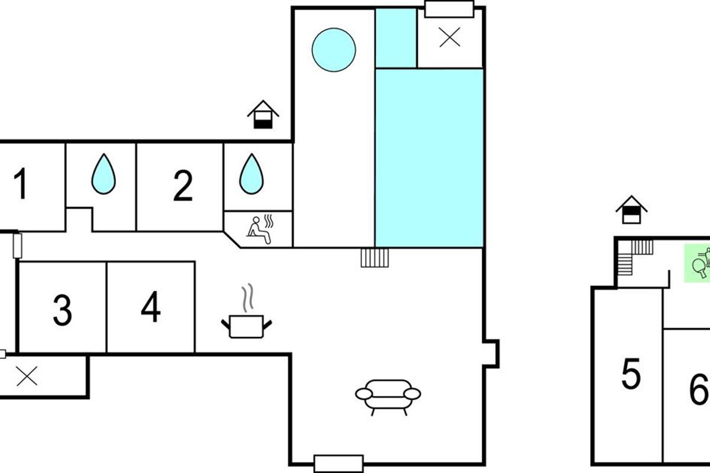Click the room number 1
[21, 183]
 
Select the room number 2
[183, 185]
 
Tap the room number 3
[63, 310]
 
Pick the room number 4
[151, 306]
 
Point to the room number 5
[631, 373]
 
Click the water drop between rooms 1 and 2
[104, 174]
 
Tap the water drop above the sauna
[251, 174]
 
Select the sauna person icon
[260, 229]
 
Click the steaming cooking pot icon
[247, 311]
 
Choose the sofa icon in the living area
[388, 397]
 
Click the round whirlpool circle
[334, 50]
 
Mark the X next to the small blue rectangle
[450, 37]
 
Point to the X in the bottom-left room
[27, 376]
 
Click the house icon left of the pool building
[263, 115]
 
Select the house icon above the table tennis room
[631, 210]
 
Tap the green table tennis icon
[698, 263]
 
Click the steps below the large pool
[375, 258]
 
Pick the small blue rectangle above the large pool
[396, 38]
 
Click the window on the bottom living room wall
[338, 464]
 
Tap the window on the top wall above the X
[450, 9]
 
